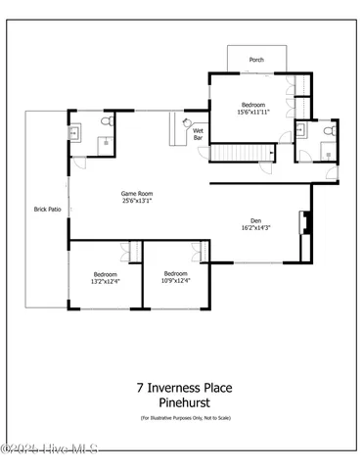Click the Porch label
pyautogui.click(x=256, y=60)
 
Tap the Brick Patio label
pyautogui.click(x=48, y=210)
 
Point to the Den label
pyautogui.click(x=256, y=220)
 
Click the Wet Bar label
pyautogui.click(x=198, y=134)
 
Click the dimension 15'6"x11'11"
pyautogui.click(x=256, y=112)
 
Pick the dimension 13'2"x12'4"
pyautogui.click(x=106, y=281)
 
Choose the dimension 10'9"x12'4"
pyautogui.click(x=175, y=281)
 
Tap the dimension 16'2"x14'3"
pyautogui.click(x=256, y=228)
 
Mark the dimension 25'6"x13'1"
pyautogui.click(x=137, y=202)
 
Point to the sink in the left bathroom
pyautogui.click(x=75, y=130)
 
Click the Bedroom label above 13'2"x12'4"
pyautogui.click(x=106, y=273)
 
